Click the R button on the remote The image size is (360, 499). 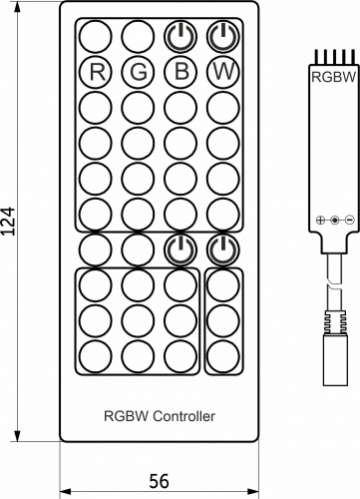click(x=97, y=72)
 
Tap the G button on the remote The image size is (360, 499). click(x=139, y=72)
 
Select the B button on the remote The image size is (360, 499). click(x=180, y=72)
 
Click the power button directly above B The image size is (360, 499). click(x=180, y=38)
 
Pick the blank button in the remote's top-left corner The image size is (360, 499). click(x=97, y=38)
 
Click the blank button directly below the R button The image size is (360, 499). click(x=97, y=106)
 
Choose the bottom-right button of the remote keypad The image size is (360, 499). click(x=222, y=354)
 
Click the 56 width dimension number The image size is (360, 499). click(x=158, y=482)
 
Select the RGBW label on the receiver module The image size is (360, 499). click(x=330, y=74)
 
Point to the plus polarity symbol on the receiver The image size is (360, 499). click(x=320, y=220)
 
